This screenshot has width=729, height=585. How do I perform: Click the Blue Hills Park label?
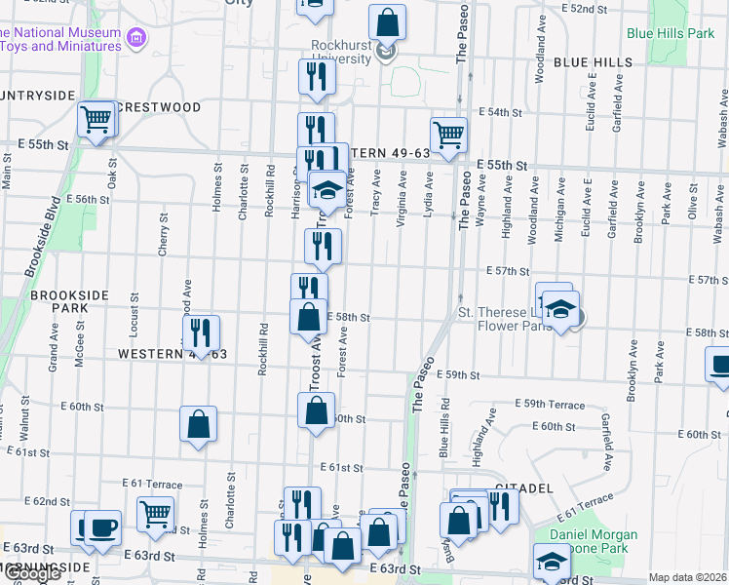671,33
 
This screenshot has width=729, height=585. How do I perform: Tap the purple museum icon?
137,37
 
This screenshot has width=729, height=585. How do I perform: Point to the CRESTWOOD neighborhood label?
158,107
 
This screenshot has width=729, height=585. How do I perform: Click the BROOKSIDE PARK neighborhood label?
72,300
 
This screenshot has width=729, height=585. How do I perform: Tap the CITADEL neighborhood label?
523,487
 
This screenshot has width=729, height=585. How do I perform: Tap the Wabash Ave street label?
722,115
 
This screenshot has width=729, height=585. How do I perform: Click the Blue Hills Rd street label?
443,428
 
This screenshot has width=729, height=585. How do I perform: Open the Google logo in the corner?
32,574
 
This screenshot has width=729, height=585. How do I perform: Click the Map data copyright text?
686,577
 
